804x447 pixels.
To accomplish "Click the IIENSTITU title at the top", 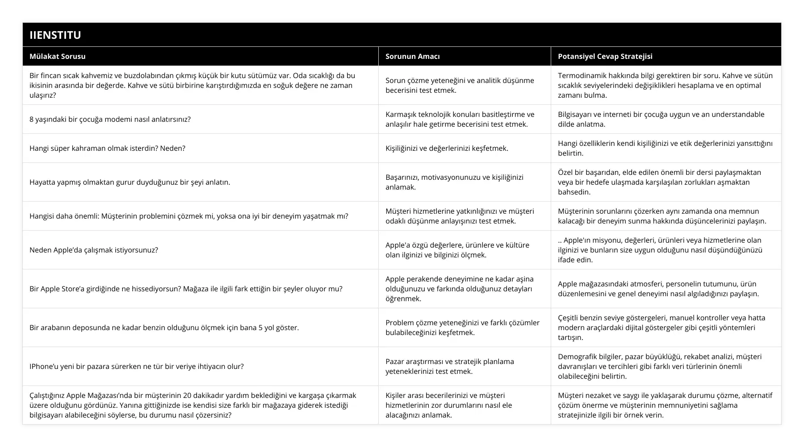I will [55, 35].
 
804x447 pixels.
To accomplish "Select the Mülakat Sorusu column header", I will [58, 56].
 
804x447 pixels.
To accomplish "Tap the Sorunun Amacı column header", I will [412, 56].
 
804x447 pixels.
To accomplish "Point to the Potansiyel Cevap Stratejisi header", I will [605, 56].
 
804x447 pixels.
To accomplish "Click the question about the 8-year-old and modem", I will [110, 119].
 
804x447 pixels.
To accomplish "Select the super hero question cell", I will [107, 148].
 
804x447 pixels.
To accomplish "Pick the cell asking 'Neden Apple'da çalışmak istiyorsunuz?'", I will [94, 250].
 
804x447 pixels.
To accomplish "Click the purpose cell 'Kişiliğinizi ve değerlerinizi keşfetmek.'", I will [447, 148].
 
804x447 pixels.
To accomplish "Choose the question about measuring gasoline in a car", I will [164, 327].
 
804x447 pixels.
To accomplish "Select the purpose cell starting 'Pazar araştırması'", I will [449, 366].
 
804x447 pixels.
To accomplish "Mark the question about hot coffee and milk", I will [192, 85].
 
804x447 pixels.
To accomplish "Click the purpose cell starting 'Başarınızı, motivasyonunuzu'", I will [454, 182].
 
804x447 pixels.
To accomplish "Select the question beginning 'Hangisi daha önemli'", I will [188, 216].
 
